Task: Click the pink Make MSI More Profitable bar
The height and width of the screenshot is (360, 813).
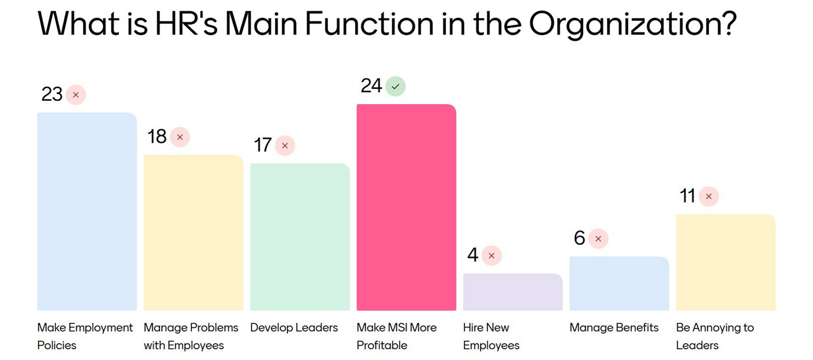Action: [406, 207]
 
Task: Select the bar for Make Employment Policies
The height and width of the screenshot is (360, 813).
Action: [87, 211]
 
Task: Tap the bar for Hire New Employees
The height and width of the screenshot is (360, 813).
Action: [513, 292]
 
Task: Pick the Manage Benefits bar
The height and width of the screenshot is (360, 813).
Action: [619, 284]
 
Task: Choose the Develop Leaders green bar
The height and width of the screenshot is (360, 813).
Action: [300, 237]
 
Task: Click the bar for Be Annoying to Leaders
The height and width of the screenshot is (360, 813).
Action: [725, 262]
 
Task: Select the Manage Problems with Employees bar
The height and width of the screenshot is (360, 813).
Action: [193, 232]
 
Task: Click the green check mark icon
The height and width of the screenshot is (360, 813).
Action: [396, 86]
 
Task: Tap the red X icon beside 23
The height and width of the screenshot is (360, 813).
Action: [76, 95]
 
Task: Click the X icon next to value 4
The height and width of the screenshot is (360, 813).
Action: [492, 256]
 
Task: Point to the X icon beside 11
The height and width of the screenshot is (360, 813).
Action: [709, 196]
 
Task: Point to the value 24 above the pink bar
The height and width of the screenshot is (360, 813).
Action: [372, 86]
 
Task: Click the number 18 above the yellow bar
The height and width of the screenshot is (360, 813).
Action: [157, 137]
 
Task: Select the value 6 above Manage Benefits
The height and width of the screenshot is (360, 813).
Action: [579, 238]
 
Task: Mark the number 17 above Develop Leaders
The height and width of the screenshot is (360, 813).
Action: [263, 145]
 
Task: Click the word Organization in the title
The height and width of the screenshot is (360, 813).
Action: [631, 24]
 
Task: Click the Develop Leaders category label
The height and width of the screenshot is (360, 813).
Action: [294, 328]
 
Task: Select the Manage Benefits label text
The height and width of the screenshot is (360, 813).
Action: [614, 328]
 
